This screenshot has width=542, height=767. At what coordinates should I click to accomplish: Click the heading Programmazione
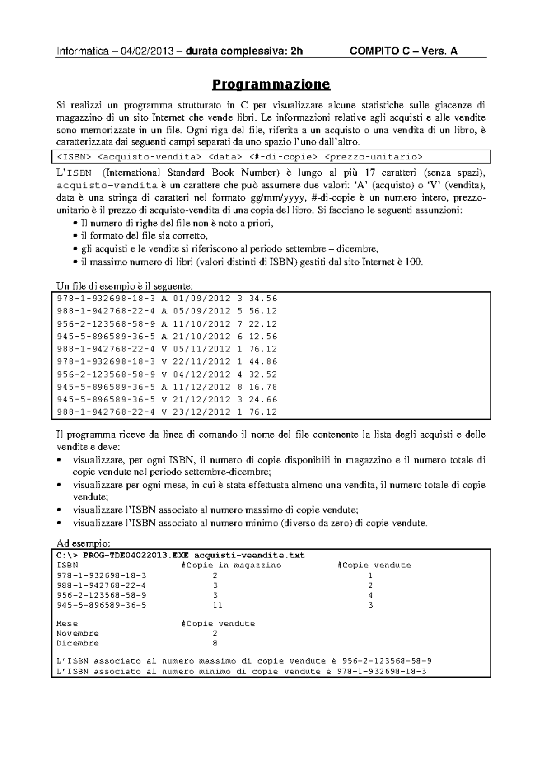(x=271, y=84)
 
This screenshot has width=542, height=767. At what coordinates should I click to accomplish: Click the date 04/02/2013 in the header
(x=147, y=51)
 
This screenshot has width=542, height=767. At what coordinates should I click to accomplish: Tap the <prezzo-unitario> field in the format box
(x=374, y=157)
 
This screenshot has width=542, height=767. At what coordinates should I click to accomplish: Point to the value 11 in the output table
(x=217, y=605)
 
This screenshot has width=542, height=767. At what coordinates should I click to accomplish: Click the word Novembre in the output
(x=78, y=633)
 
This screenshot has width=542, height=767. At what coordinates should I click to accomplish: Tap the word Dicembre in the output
(x=78, y=643)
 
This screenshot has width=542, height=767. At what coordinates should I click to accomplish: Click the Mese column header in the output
(x=67, y=623)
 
